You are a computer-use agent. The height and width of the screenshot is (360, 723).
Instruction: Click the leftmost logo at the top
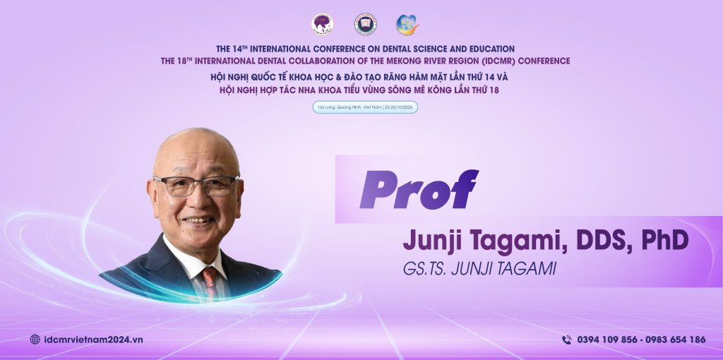click(323, 25)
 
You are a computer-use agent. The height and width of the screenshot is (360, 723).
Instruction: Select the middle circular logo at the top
click(365, 25)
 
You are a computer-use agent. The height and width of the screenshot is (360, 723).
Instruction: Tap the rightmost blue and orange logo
click(407, 25)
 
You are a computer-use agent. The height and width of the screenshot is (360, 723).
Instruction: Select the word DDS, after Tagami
click(597, 241)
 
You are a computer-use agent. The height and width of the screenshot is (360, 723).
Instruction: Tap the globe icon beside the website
click(35, 340)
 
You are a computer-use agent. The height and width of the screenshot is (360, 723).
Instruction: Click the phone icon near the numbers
click(566, 340)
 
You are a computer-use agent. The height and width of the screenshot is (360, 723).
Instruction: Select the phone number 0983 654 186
click(673, 340)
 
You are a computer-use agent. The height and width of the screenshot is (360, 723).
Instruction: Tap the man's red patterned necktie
click(210, 282)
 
